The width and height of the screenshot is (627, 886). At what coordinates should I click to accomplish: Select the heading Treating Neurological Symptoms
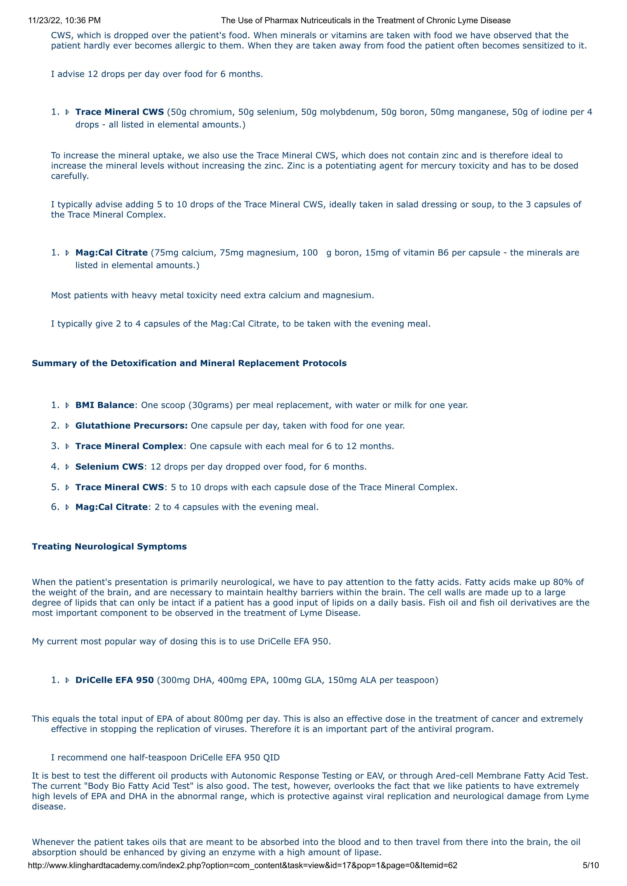pyautogui.click(x=109, y=546)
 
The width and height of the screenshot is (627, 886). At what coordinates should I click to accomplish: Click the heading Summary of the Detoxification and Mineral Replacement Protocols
pyautogui.click(x=189, y=363)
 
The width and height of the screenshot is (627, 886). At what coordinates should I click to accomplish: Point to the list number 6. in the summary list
pyautogui.click(x=55, y=507)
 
